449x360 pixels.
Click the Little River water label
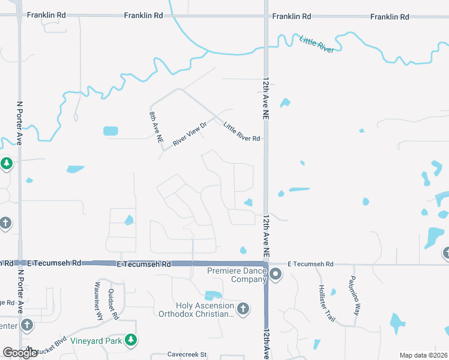click(x=316, y=44)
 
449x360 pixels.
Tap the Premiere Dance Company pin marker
click(x=276, y=274)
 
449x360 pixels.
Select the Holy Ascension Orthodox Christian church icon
click(x=243, y=309)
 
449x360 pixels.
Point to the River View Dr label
click(x=189, y=134)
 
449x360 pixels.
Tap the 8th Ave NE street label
click(x=156, y=125)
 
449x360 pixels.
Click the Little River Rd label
click(x=241, y=132)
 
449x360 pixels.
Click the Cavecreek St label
click(x=187, y=354)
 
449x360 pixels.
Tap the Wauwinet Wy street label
click(x=99, y=300)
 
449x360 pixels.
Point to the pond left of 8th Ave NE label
click(x=110, y=131)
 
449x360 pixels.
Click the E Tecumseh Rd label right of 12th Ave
click(x=313, y=263)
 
